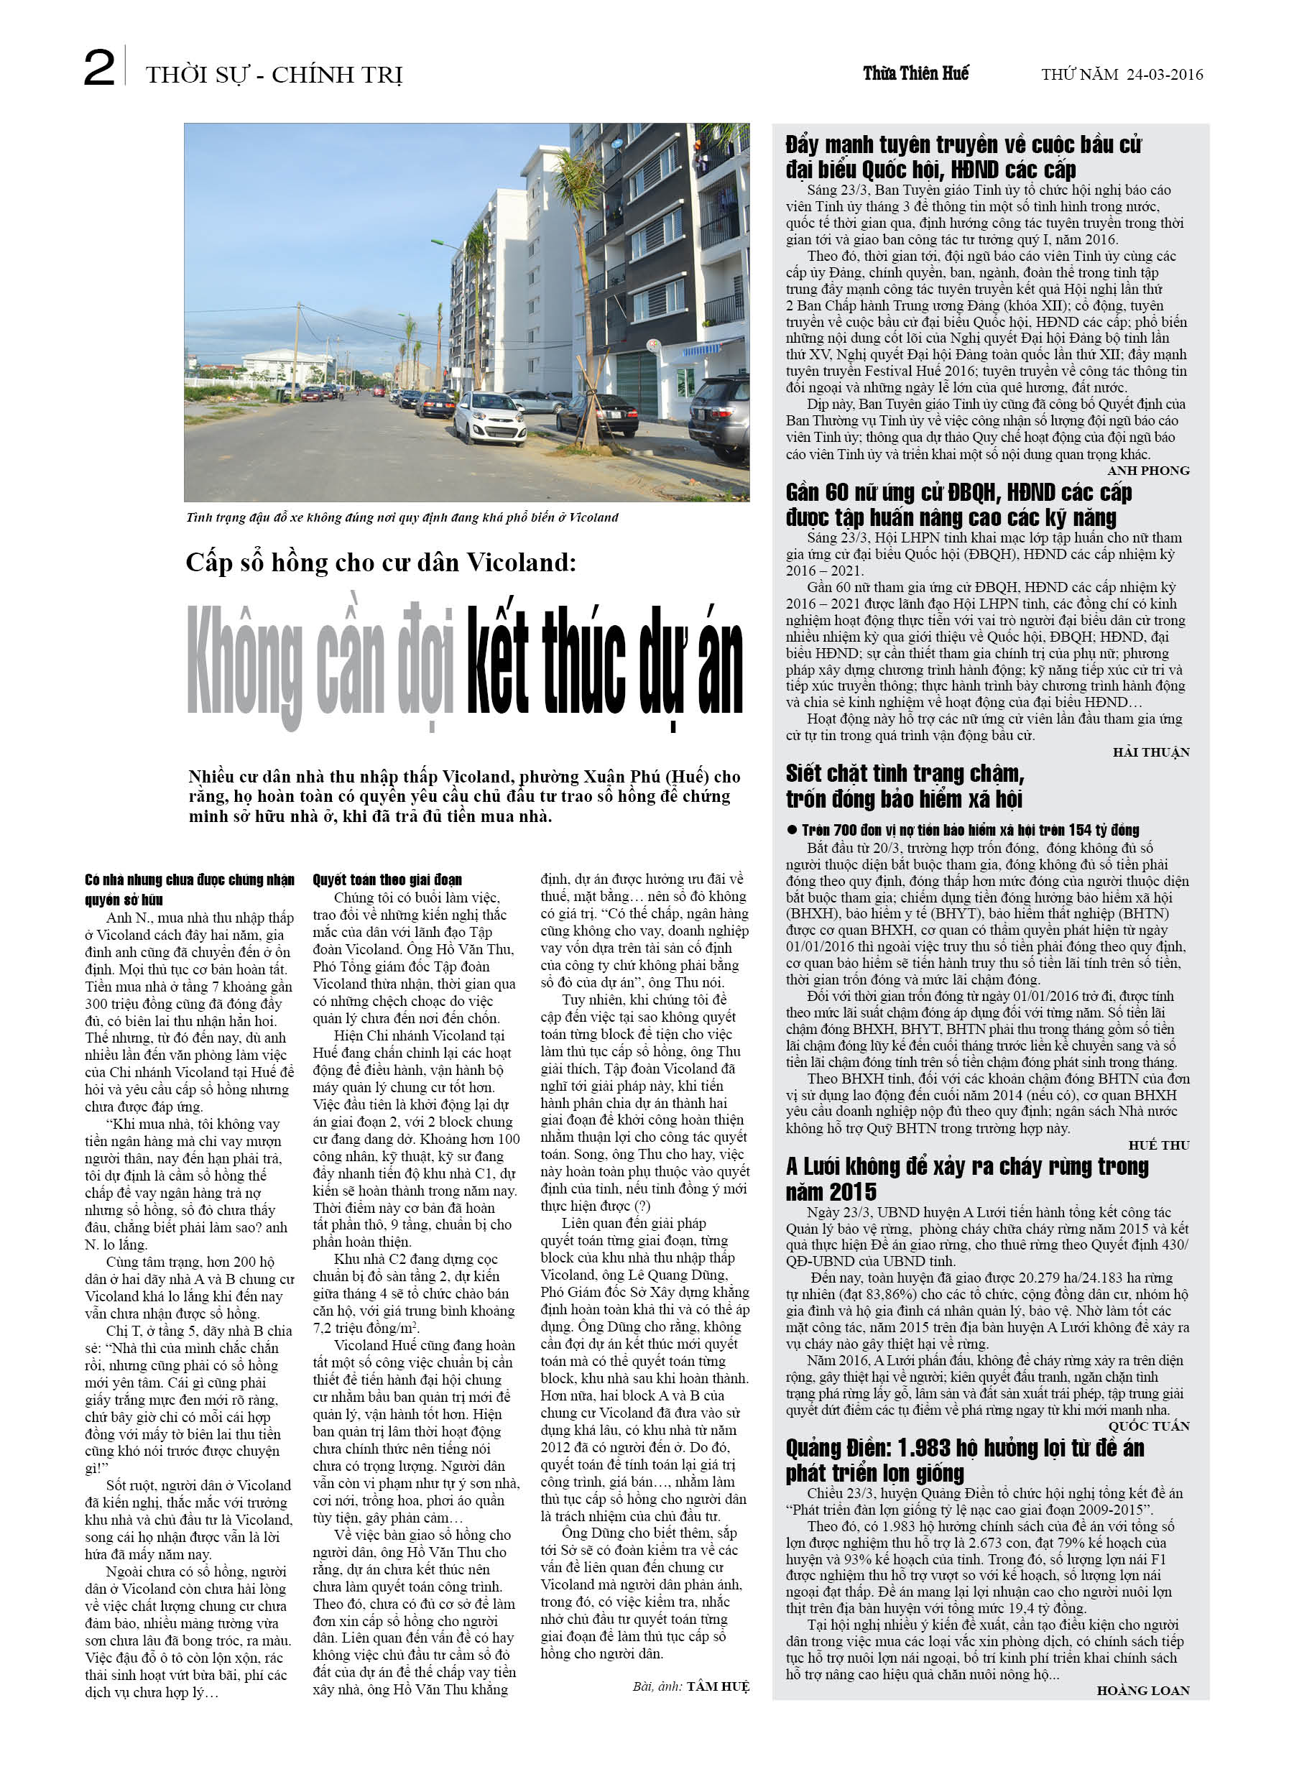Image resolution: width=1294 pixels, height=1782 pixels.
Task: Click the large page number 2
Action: pyautogui.click(x=99, y=68)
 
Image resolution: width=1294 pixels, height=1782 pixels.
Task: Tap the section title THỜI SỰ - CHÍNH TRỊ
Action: pyautogui.click(x=274, y=75)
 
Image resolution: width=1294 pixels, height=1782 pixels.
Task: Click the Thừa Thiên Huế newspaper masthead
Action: pyautogui.click(x=915, y=74)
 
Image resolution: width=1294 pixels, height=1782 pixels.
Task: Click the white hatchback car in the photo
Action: pyautogui.click(x=489, y=417)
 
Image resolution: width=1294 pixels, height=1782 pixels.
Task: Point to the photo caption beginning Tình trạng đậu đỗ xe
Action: pyautogui.click(x=402, y=517)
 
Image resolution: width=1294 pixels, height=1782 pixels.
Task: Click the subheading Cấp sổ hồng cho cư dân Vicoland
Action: pyautogui.click(x=380, y=563)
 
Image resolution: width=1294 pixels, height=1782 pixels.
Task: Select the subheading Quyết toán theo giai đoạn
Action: pyautogui.click(x=387, y=880)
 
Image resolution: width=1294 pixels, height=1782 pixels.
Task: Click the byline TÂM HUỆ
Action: pyautogui.click(x=718, y=1686)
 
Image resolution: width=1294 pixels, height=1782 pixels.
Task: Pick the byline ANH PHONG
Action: pyautogui.click(x=1148, y=471)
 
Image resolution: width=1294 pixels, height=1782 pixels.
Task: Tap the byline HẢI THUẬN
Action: pyautogui.click(x=1151, y=752)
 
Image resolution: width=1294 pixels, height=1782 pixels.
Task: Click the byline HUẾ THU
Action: pyautogui.click(x=1159, y=1145)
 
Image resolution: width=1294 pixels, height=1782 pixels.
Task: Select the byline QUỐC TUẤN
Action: pyautogui.click(x=1149, y=1426)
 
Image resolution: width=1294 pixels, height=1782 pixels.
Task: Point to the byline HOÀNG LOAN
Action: pyautogui.click(x=1143, y=1690)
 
